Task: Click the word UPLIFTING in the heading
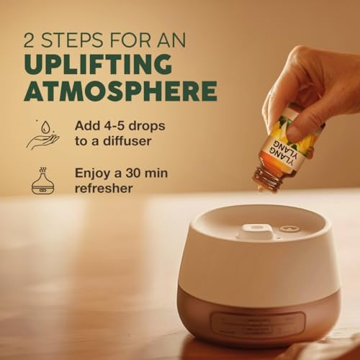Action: click(98, 64)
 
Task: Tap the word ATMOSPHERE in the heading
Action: click(120, 91)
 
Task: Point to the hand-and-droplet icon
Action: click(43, 135)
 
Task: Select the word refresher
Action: click(104, 189)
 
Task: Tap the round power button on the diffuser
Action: click(287, 228)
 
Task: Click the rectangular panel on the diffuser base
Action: click(258, 324)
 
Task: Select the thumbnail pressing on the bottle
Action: click(295, 132)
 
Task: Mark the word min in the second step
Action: click(157, 173)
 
